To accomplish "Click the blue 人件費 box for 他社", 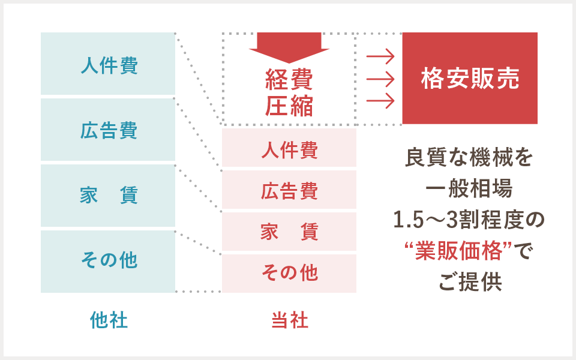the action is point(108,64).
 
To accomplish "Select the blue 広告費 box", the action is point(108,130).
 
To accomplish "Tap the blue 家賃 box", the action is point(108,196).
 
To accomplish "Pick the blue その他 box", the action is point(108,262).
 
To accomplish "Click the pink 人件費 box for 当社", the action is point(289,148).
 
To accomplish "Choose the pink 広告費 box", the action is point(289,190).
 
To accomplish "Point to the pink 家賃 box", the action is point(289,232).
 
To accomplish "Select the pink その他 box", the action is point(289,274).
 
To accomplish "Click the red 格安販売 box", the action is point(470,78).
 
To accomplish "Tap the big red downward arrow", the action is point(289,47).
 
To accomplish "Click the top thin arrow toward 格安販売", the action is point(380,56).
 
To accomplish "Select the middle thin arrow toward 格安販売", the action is point(380,79).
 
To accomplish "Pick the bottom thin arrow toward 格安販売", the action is point(380,101).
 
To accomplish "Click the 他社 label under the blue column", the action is point(109,320).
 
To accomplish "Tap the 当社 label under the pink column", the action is point(290,320).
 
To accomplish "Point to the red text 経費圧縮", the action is point(289,92).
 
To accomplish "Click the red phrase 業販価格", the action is point(459,251).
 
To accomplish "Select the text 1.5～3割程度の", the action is point(469,220).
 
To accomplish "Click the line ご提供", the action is point(470,282).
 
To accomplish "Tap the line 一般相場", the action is point(469,188).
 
